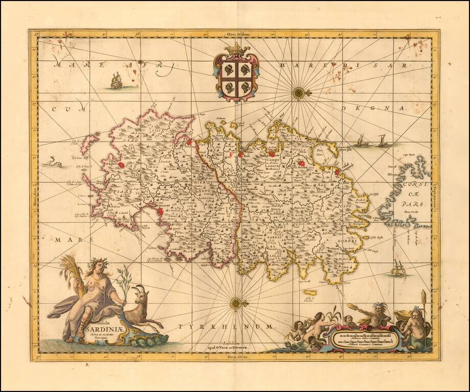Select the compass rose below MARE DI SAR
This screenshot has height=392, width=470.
pyautogui.click(x=299, y=92)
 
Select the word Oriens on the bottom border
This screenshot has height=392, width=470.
pyautogui.click(x=236, y=356)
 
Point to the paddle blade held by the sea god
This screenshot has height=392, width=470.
pyautogui.click(x=353, y=307)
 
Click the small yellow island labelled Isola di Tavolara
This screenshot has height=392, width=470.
pyautogui.click(x=310, y=293)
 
